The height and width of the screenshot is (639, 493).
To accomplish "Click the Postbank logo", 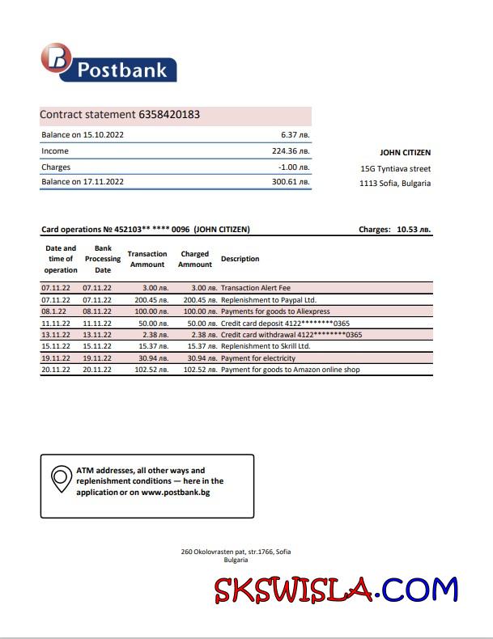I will click(108, 64).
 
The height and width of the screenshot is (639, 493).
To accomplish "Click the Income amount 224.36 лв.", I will click(291, 151).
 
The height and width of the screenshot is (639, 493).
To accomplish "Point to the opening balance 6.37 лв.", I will click(295, 135).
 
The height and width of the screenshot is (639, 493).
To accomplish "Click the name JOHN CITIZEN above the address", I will click(405, 152).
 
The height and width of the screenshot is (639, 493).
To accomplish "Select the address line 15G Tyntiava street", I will click(395, 169).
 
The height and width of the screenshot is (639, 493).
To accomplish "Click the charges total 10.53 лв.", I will click(414, 230).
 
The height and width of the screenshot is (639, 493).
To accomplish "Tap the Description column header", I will click(240, 259).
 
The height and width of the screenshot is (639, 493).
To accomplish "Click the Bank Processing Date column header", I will click(103, 259).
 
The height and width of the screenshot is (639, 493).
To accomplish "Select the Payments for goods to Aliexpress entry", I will click(274, 311).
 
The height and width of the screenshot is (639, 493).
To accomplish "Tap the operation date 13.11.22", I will click(56, 335).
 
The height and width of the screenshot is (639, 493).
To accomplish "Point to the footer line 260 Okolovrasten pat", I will click(236, 552).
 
